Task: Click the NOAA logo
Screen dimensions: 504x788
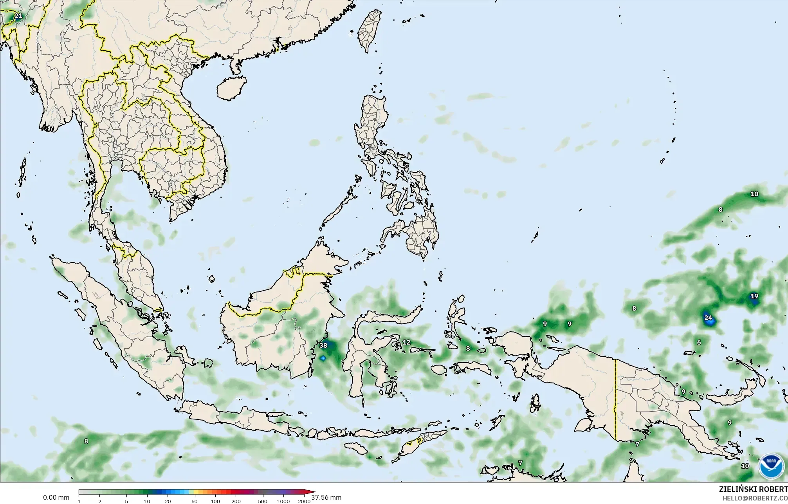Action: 771,466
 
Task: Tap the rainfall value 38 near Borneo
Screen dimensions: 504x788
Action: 323,345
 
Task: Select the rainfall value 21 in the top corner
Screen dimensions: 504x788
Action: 18,16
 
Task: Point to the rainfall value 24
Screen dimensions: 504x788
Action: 708,318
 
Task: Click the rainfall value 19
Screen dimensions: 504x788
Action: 754,296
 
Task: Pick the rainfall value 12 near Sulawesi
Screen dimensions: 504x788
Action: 406,342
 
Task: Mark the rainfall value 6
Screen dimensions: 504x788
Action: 699,342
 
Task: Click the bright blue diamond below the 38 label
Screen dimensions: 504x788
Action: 323,358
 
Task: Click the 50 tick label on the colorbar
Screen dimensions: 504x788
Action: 195,501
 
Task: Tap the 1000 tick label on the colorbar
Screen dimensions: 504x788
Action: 283,501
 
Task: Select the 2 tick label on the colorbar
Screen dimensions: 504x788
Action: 100,501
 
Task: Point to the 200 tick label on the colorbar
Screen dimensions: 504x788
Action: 236,501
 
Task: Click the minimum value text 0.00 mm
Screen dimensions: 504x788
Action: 56,498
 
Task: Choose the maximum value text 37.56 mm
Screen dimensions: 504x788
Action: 326,498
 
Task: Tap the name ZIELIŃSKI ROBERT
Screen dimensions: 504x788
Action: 753,489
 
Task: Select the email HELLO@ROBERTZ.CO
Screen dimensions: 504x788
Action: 755,498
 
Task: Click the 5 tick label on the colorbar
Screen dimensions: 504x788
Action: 126,501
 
